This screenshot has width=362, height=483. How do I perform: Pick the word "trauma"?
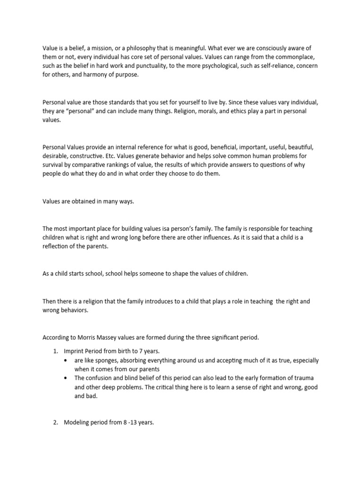307,378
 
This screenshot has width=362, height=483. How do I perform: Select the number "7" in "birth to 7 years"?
135,350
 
